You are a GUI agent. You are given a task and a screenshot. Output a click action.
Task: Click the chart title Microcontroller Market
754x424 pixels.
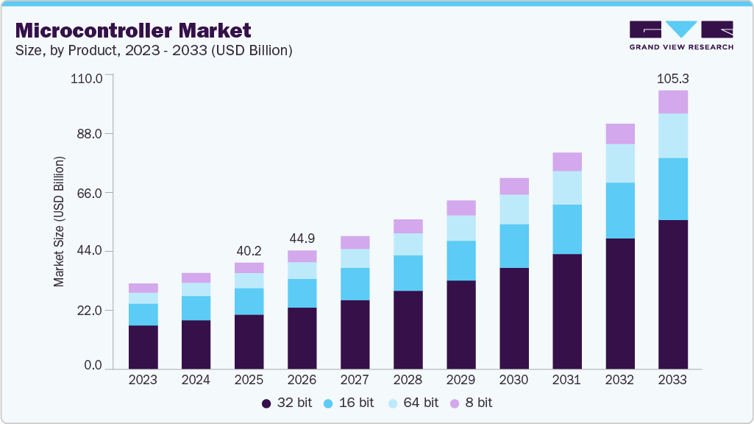pos(133,30)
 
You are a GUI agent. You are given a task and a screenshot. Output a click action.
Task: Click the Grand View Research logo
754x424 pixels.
pos(681,35)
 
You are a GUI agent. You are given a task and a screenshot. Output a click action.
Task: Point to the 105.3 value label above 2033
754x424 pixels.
pos(672,79)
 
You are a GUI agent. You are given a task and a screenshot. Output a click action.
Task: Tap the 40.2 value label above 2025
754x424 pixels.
pos(249,250)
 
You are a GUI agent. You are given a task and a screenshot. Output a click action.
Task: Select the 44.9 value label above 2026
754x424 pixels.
pos(302,239)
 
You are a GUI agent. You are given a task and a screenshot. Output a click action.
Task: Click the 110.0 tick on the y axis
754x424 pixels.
pos(87,77)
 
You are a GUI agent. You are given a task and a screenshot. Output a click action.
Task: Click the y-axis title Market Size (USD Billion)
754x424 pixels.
pos(59,222)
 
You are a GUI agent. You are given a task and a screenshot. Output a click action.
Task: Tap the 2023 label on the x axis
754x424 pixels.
pos(143,381)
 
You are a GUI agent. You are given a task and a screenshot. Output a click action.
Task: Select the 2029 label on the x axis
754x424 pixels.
pos(460,381)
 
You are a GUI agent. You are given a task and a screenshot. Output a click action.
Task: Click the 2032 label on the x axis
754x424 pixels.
pos(619,381)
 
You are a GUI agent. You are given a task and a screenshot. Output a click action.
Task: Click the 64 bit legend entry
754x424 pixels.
pos(414,403)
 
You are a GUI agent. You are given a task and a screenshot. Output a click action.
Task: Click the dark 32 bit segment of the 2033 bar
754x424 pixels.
pos(672,294)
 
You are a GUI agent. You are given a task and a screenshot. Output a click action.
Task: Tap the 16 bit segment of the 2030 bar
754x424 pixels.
pos(513,246)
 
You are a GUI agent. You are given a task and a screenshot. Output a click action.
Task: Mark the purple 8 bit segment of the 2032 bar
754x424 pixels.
pos(619,134)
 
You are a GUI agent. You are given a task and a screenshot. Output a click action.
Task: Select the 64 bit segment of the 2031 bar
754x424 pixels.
pos(566,188)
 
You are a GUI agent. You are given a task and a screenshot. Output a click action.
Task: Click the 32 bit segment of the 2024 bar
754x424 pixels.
pos(196,344)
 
